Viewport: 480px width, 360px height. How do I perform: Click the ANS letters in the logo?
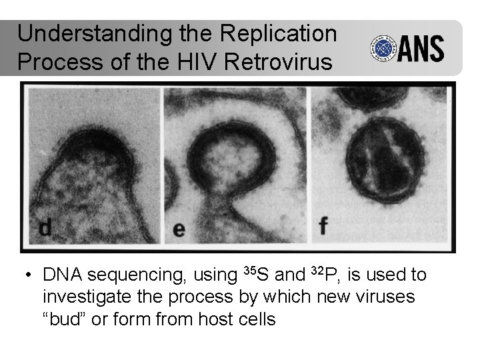pyautogui.click(x=421, y=48)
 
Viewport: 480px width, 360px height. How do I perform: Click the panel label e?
pyautogui.click(x=179, y=230)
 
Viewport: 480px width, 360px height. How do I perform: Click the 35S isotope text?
pyautogui.click(x=254, y=274)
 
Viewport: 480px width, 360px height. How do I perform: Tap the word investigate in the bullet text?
pyautogui.click(x=90, y=297)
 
